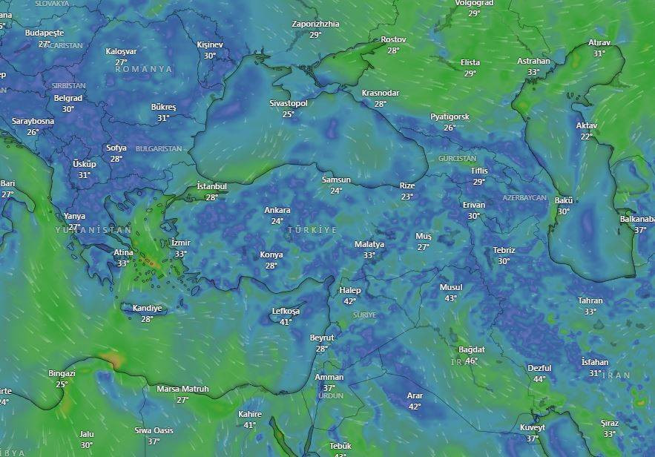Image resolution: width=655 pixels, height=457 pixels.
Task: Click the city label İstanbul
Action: [x=211, y=185]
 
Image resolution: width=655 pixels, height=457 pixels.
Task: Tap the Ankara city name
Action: [x=277, y=210]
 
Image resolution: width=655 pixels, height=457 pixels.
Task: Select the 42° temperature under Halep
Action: [x=350, y=301]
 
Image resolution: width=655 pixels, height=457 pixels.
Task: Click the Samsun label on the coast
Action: [x=336, y=180]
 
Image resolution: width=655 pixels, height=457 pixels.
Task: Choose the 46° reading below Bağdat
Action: [x=471, y=361]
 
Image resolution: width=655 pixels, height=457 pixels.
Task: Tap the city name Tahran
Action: [x=590, y=300]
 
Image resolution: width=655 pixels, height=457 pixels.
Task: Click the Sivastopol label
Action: [x=288, y=103]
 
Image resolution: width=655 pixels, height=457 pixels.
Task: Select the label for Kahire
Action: [x=250, y=414]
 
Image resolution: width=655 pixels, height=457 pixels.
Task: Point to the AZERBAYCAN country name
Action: [x=524, y=198]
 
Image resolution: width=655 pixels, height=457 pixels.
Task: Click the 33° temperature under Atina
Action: [x=123, y=263]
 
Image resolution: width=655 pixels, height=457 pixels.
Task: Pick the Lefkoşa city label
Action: [x=286, y=311]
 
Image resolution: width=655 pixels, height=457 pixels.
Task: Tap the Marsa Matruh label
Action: [x=182, y=389]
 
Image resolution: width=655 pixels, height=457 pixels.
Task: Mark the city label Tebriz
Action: [x=504, y=250]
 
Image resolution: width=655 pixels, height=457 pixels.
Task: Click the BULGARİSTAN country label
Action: [x=159, y=148]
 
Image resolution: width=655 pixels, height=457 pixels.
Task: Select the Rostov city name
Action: [x=393, y=39]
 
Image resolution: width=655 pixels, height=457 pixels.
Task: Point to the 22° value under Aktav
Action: [x=586, y=137]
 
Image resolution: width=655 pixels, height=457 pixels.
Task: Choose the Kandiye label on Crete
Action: [x=147, y=308]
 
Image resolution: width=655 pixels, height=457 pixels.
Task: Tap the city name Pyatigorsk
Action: [x=450, y=117]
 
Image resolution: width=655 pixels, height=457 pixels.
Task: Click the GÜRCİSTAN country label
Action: [x=457, y=159]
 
